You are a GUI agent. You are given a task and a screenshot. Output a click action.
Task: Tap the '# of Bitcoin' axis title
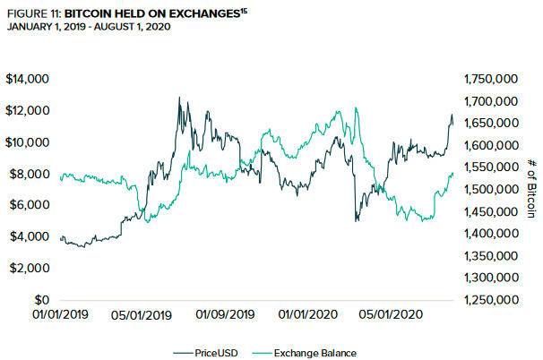[x=530, y=188]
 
